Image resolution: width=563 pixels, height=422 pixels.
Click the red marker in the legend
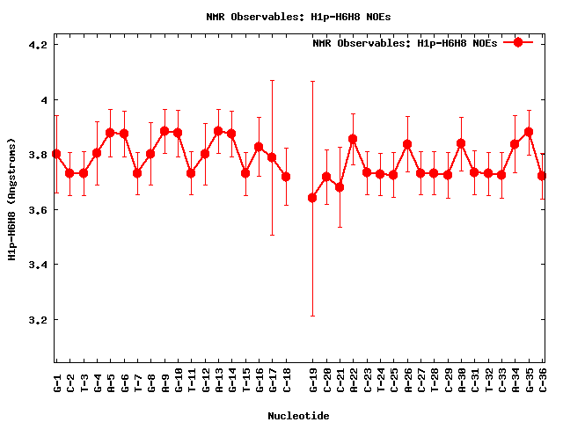pyautogui.click(x=518, y=42)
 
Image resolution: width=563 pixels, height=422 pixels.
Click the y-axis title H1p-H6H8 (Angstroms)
pyautogui.click(x=12, y=199)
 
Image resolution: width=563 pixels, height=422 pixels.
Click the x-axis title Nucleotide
pyautogui.click(x=299, y=416)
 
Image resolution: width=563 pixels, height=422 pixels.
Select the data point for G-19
pyautogui.click(x=312, y=198)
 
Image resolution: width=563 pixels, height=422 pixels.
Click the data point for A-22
pyautogui.click(x=353, y=139)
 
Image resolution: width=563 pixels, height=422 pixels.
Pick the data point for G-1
pyautogui.click(x=56, y=154)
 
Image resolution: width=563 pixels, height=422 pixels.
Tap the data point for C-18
pyautogui.click(x=286, y=177)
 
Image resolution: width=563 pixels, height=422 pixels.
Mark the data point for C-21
pyautogui.click(x=340, y=187)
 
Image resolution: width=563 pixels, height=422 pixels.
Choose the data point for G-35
pyautogui.click(x=529, y=132)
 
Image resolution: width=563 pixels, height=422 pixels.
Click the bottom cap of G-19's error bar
pyautogui.click(x=312, y=316)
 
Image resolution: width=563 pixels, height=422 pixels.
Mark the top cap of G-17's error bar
pyautogui.click(x=272, y=80)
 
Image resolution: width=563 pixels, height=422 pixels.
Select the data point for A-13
pyautogui.click(x=218, y=131)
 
